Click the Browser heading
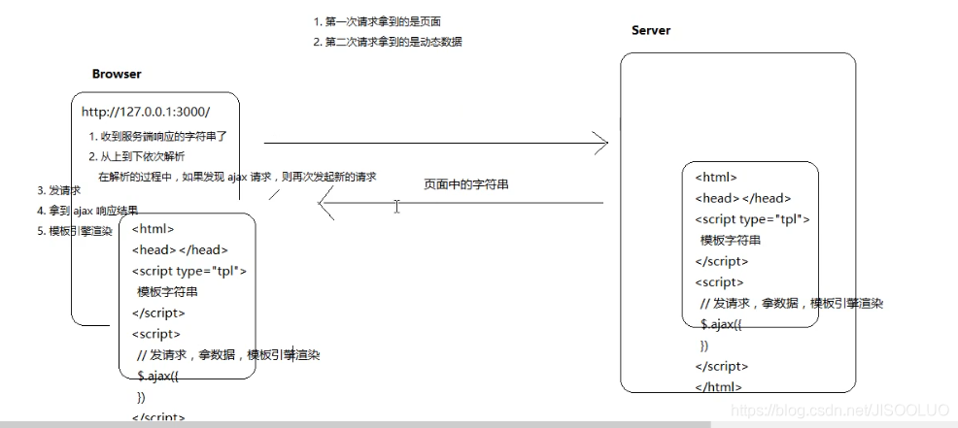tap(117, 74)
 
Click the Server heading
tap(651, 30)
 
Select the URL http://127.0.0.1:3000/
tap(146, 112)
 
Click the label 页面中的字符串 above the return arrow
tap(465, 183)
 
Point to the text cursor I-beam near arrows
tap(396, 206)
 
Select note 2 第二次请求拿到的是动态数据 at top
tap(388, 42)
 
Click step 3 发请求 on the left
tap(58, 190)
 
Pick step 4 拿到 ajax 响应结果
tap(87, 211)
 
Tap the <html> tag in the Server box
tap(716, 178)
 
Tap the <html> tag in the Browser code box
tap(153, 229)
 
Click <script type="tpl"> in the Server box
tap(752, 219)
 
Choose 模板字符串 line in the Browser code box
tap(167, 292)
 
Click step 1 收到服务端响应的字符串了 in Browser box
tap(157, 137)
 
